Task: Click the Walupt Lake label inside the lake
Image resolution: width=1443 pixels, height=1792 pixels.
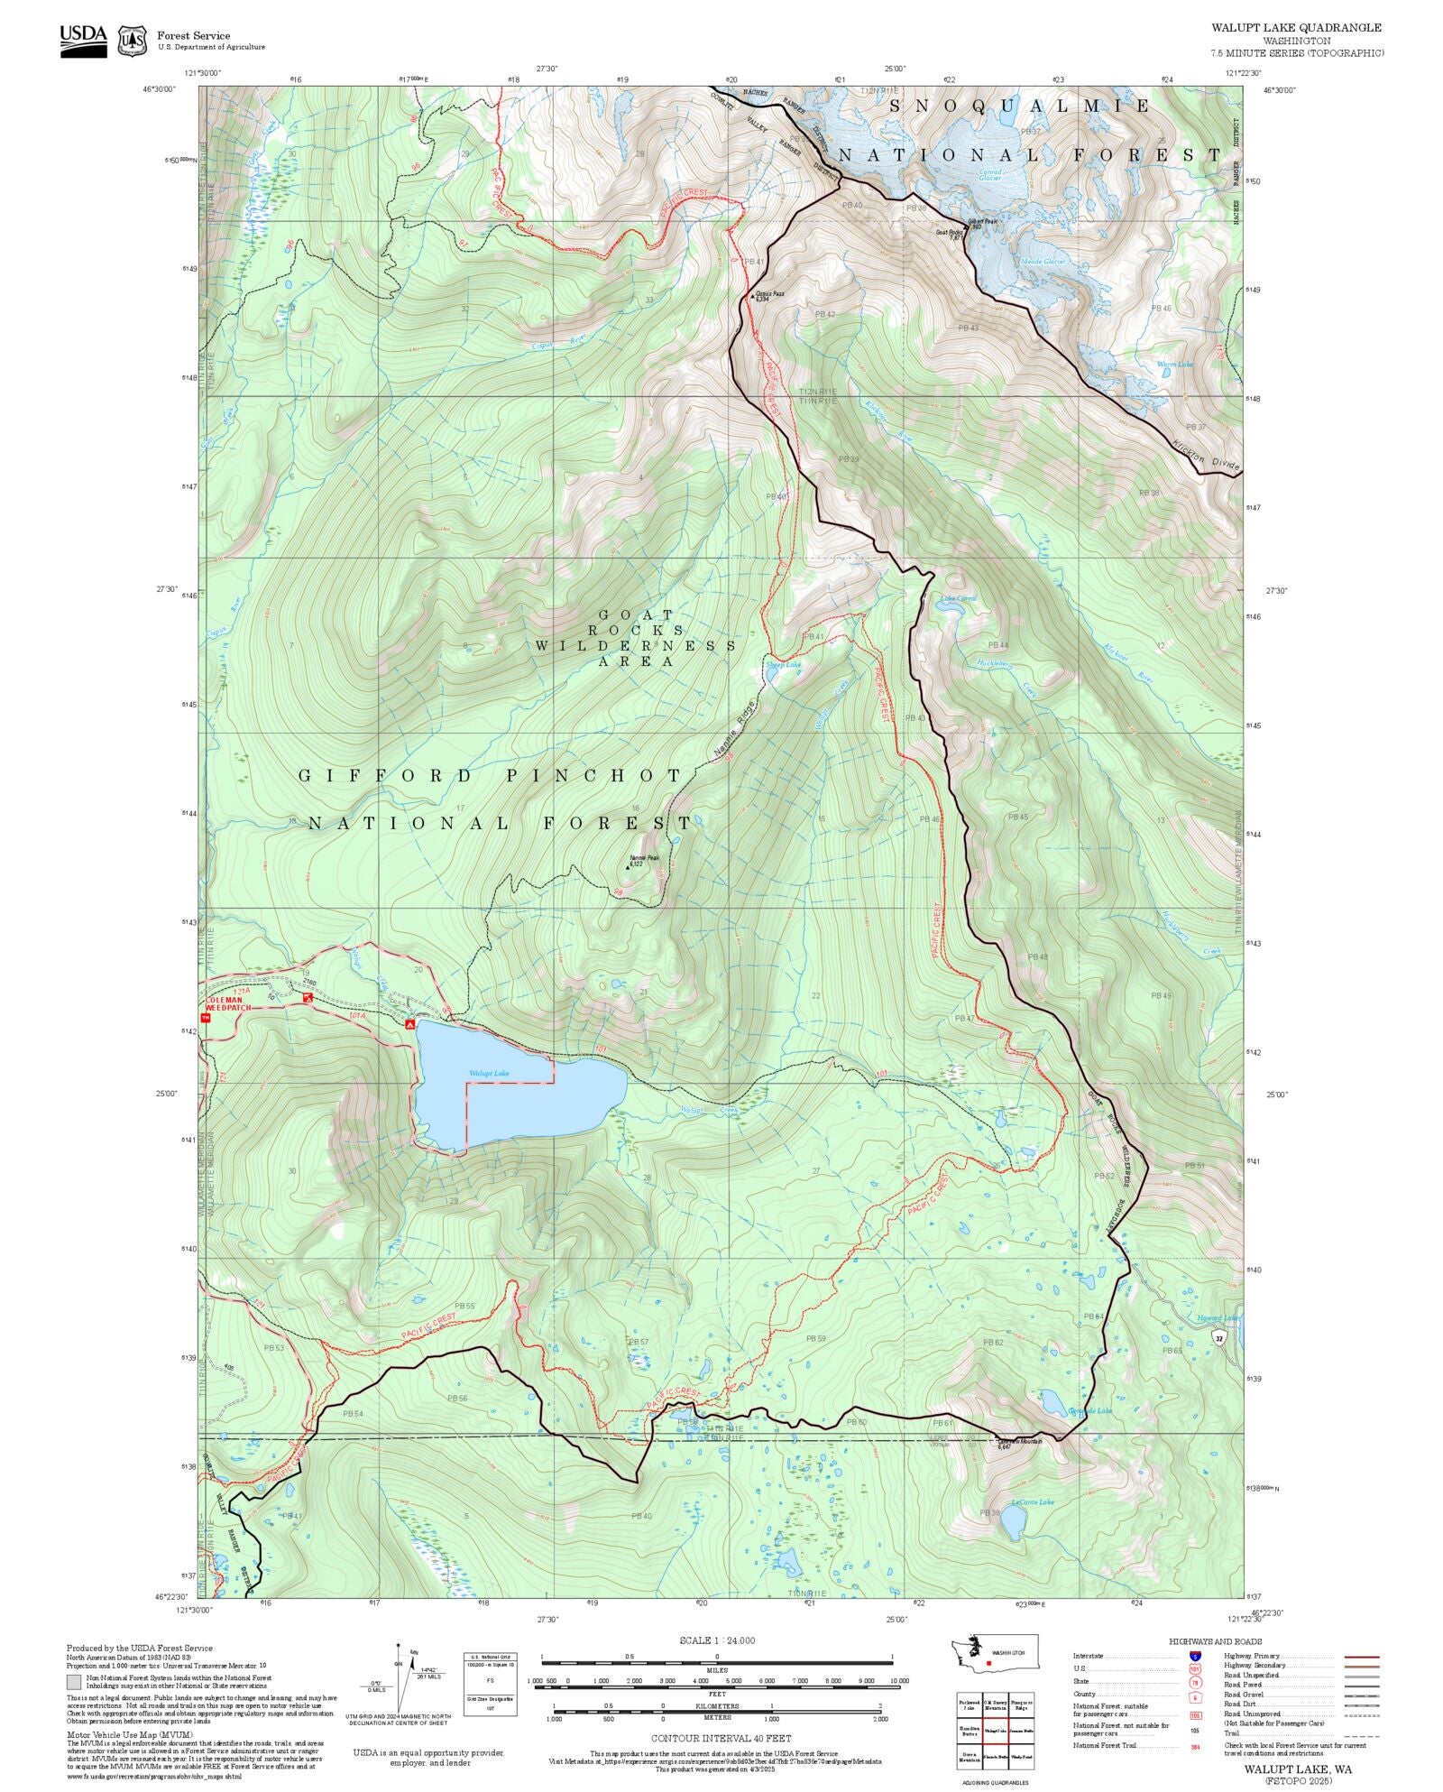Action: tap(488, 1074)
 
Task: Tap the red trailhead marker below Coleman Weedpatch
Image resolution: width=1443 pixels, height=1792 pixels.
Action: tap(205, 1017)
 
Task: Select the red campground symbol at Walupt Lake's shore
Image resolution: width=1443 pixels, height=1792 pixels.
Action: tap(409, 1024)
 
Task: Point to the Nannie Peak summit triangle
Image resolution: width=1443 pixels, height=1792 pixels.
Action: tap(628, 867)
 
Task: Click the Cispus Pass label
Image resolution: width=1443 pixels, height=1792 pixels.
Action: tap(769, 293)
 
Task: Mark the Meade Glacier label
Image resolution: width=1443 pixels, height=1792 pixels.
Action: tap(1043, 262)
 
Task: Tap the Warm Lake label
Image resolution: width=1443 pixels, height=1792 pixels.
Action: tap(1174, 365)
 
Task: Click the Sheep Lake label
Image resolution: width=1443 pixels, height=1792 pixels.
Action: tap(782, 664)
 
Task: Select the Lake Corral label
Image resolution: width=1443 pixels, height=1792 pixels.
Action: tap(958, 598)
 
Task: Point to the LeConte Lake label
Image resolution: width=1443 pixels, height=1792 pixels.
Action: tap(1032, 1502)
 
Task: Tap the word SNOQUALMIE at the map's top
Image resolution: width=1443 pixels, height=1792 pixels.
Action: tap(1020, 106)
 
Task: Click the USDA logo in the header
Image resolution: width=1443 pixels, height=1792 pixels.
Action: tap(83, 41)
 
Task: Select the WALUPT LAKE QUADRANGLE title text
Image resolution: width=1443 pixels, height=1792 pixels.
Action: tap(1296, 27)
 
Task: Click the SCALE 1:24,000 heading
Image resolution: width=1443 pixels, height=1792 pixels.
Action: tap(717, 1640)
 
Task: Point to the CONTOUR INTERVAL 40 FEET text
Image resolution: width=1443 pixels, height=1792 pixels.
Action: tap(721, 1738)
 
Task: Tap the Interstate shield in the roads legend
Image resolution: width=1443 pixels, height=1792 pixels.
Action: tap(1195, 1657)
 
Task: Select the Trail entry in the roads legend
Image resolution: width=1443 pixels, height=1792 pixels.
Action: tap(1231, 1733)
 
